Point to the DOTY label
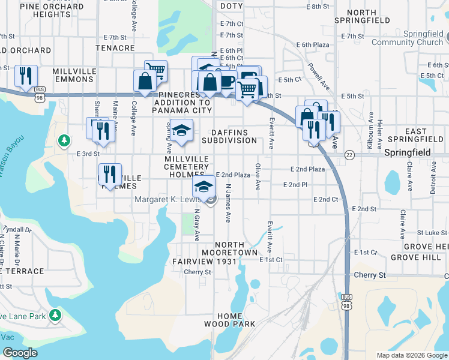tap(231, 5)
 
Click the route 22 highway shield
tap(349, 155)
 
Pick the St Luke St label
tap(432, 232)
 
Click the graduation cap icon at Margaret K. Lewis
tap(203, 186)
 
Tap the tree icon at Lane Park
tap(55, 315)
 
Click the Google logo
tap(20, 353)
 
